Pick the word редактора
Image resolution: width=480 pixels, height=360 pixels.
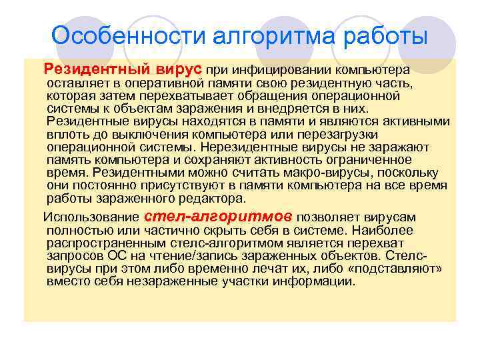[x=213, y=198]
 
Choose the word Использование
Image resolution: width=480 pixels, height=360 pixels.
[x=91, y=217]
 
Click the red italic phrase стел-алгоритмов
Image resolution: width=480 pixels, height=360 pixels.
[x=218, y=217]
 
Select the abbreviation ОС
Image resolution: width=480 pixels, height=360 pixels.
[x=112, y=256]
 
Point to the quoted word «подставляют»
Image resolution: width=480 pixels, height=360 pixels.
[x=415, y=269]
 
